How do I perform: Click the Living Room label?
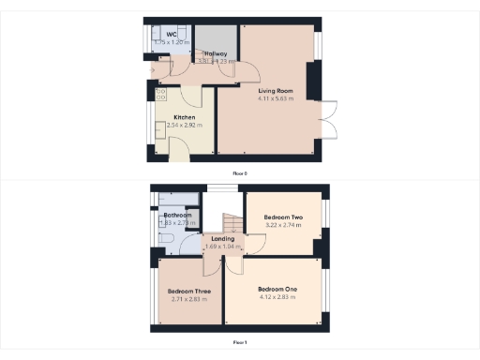pyautogui.click(x=277, y=91)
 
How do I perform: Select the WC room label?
pyautogui.click(x=171, y=35)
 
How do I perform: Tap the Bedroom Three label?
pyautogui.click(x=188, y=292)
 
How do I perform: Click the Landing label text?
pyautogui.click(x=222, y=238)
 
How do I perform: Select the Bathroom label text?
pyautogui.click(x=178, y=216)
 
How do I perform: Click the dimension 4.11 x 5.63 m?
pyautogui.click(x=277, y=98)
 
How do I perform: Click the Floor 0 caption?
pyautogui.click(x=240, y=172)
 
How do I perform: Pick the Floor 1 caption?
pyautogui.click(x=240, y=343)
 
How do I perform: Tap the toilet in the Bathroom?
pyautogui.click(x=167, y=242)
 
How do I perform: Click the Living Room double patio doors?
pyautogui.click(x=327, y=119)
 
